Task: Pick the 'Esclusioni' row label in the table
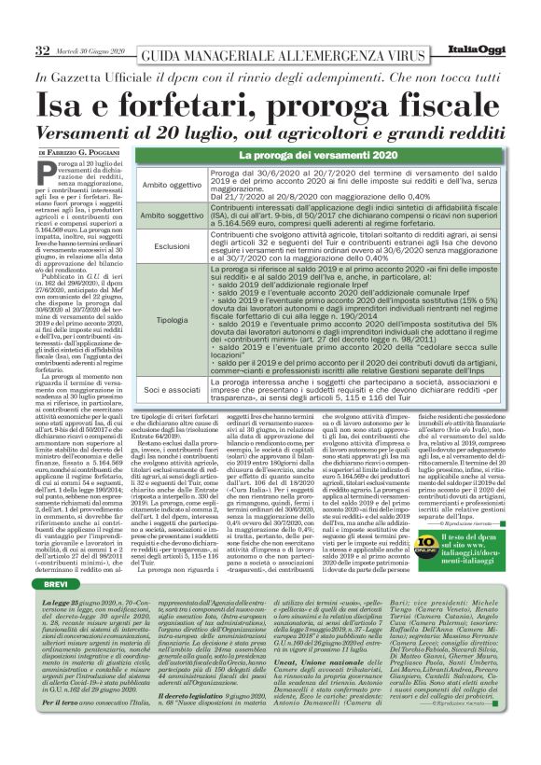point(171,245)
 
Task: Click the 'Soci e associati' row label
point(171,387)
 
